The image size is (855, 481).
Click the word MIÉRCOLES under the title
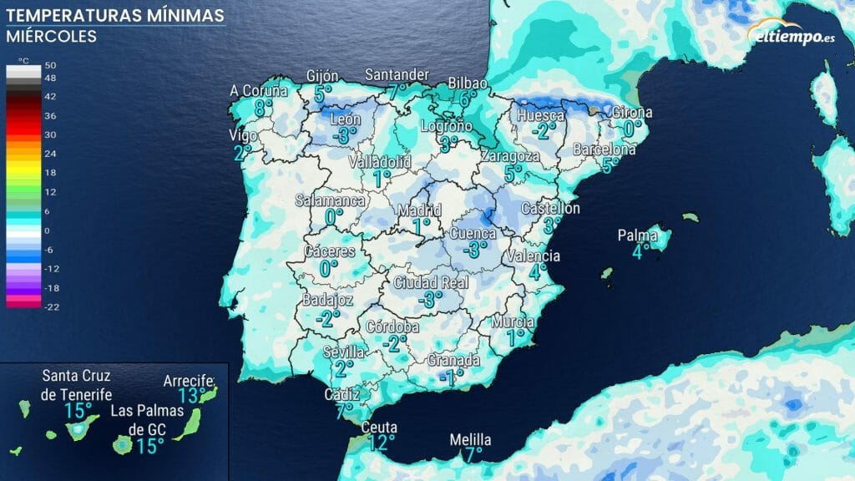pyautogui.click(x=51, y=37)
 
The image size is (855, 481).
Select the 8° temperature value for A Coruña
pyautogui.click(x=264, y=107)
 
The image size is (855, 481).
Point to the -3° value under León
pyautogui.click(x=344, y=134)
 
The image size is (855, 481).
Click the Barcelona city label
pyautogui.click(x=604, y=149)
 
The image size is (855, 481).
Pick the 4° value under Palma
pyautogui.click(x=640, y=251)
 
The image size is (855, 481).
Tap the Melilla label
pyautogui.click(x=470, y=440)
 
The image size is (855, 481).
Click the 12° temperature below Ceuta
pyautogui.click(x=381, y=443)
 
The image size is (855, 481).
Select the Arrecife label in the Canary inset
pyautogui.click(x=190, y=381)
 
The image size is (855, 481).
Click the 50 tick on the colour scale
pyautogui.click(x=50, y=65)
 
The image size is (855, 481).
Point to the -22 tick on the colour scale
pyautogui.click(x=50, y=306)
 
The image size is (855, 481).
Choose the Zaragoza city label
pyautogui.click(x=511, y=157)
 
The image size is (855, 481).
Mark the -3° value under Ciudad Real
pyautogui.click(x=430, y=298)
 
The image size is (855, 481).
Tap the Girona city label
pyautogui.click(x=632, y=113)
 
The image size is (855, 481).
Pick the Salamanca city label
pyautogui.click(x=331, y=201)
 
